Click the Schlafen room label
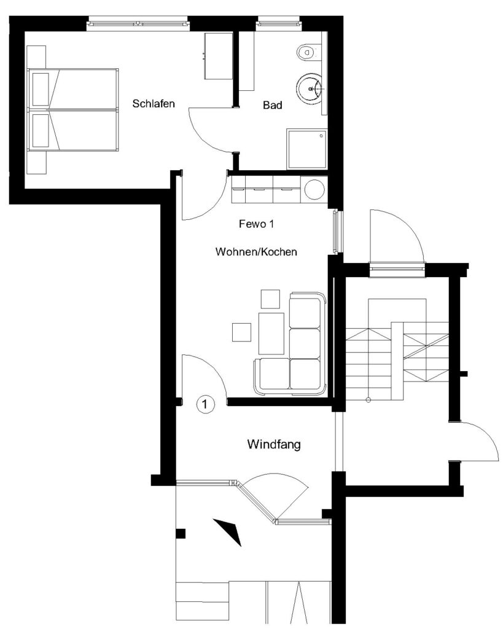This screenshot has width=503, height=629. point(154,103)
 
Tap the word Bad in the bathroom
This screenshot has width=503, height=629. point(272,105)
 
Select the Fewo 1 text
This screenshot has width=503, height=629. point(256,224)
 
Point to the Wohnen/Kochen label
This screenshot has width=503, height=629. point(256,251)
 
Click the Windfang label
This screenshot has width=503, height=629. point(274,444)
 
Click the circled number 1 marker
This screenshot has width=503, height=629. point(205,404)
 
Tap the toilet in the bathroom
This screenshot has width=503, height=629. point(308,52)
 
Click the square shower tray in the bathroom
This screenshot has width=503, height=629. point(307,149)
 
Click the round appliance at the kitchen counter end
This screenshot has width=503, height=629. point(314,189)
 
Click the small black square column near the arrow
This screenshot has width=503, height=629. point(181,534)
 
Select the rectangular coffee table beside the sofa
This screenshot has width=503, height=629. point(271,333)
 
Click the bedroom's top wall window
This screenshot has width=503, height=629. point(138,23)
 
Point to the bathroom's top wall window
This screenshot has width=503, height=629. point(278,23)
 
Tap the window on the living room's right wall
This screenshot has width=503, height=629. point(338,232)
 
